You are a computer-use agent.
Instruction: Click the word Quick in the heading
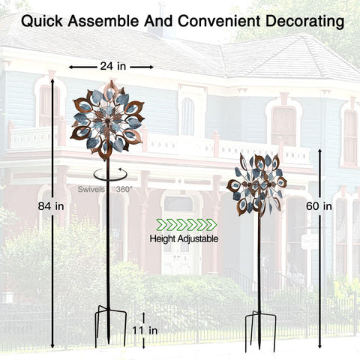pos(42,21)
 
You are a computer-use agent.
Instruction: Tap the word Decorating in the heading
pos(304,22)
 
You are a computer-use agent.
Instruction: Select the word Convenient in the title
pos(219,21)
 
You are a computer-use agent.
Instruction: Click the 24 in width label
pos(113,66)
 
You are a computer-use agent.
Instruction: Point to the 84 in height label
pos(51,206)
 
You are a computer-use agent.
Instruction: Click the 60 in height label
pos(319,206)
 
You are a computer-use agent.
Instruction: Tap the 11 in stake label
pos(145,331)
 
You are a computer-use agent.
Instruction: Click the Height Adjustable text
pos(184,238)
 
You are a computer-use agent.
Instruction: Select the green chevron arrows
pos(187,224)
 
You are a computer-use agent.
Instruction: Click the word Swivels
pos(91,189)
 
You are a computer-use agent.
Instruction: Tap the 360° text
pos(124,189)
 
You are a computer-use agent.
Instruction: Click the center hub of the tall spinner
pos(108,121)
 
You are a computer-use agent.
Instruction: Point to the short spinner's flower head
pos(256,185)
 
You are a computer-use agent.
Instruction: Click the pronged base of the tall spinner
pos(110,325)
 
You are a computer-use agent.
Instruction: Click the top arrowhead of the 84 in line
pos(52,81)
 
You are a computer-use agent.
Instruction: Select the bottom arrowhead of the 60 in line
pos(320,346)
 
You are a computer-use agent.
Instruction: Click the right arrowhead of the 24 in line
pos(151,67)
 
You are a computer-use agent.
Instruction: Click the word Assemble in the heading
pos(103,21)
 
